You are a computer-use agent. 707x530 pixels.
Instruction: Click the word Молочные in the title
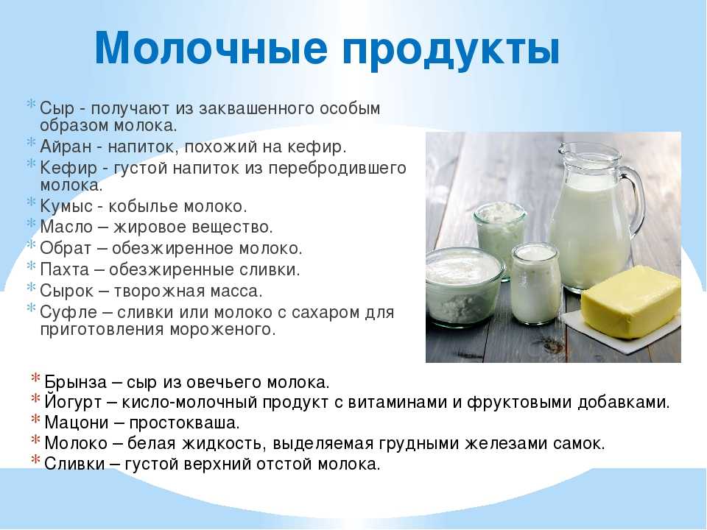pos(211,48)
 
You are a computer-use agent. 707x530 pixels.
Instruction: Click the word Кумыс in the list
pos(66,207)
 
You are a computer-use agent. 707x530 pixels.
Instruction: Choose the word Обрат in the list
pos(66,249)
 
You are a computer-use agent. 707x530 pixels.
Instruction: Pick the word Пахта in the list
pos(65,269)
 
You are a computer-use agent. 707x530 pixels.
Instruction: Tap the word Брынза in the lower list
pos(76,382)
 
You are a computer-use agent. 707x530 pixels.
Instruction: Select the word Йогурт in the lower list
pos(73,402)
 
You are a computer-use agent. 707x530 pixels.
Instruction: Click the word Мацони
pos(77,423)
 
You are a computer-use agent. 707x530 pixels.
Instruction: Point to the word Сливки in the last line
pos(75,464)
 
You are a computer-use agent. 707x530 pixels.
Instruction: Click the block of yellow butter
pos(631,301)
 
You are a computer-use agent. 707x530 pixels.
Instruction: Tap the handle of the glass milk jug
pos(634,198)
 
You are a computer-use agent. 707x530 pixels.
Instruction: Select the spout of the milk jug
pos(563,148)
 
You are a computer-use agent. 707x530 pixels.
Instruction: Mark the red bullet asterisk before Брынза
pos(36,378)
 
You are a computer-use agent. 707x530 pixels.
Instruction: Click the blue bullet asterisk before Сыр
pos(31,104)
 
